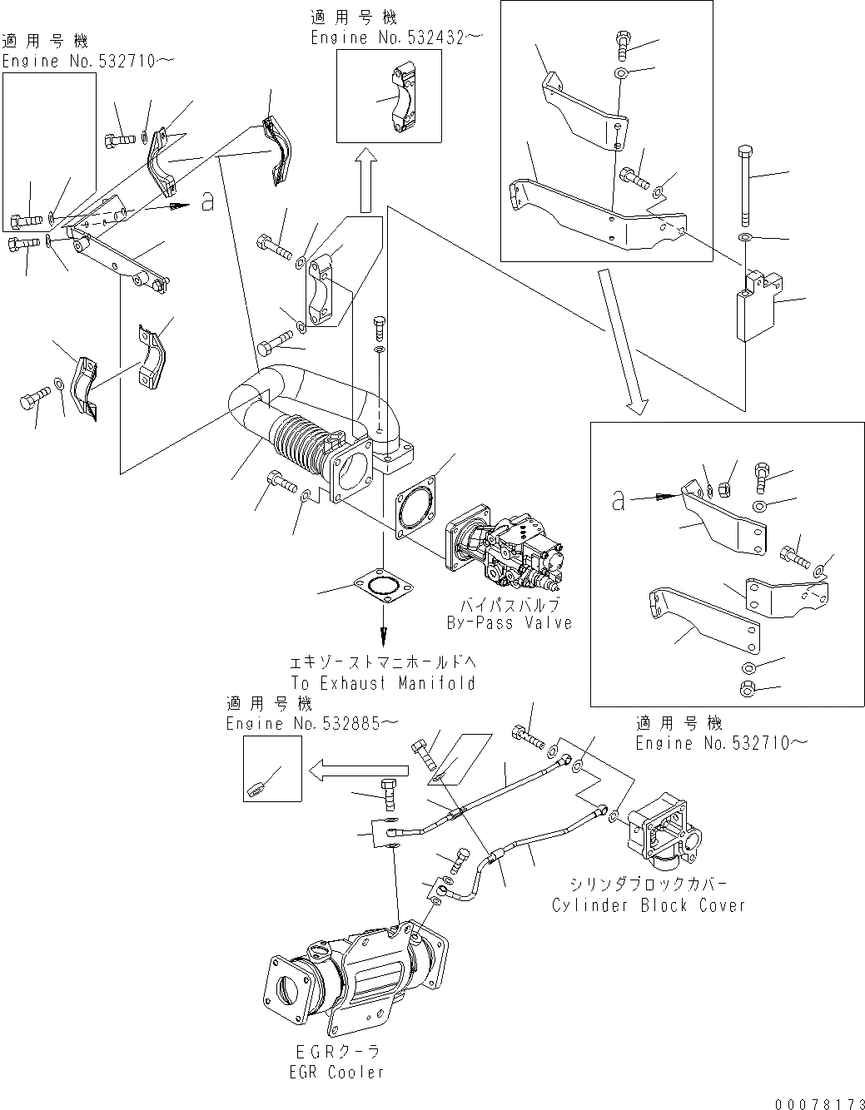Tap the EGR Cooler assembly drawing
click(358, 978)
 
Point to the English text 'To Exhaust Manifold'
click(382, 683)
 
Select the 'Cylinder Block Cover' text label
click(649, 905)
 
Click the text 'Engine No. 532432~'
click(396, 37)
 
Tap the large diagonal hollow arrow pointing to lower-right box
click(619, 341)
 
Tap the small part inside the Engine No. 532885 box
click(258, 785)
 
